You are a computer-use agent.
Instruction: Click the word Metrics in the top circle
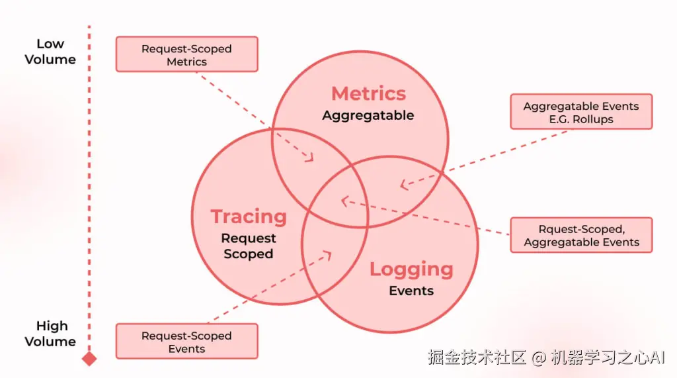tap(368, 93)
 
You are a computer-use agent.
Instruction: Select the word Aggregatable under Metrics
tap(368, 115)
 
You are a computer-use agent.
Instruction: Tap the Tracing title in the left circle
tap(249, 216)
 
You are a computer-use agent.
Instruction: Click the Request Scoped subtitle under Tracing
tap(249, 246)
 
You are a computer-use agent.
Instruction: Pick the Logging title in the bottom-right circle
tap(411, 269)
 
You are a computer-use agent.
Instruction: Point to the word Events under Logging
tap(411, 291)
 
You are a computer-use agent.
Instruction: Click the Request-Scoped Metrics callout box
tap(186, 54)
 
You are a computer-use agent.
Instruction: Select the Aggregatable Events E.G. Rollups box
tap(581, 112)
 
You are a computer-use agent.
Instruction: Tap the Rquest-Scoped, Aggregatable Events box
tap(581, 235)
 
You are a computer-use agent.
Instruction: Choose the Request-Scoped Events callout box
tap(186, 341)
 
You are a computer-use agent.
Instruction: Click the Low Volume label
tap(50, 52)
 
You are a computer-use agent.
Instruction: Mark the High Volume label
tap(51, 334)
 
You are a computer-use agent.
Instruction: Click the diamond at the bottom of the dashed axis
tap(89, 359)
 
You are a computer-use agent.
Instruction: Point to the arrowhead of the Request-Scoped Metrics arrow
tap(310, 158)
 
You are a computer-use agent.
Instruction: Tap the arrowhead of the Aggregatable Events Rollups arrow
tap(404, 185)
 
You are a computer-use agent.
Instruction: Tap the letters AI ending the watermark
tap(656, 358)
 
